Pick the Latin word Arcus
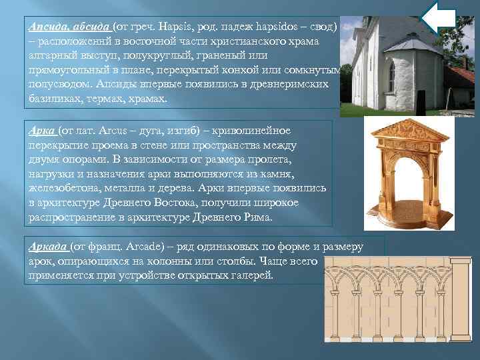(114, 131)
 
